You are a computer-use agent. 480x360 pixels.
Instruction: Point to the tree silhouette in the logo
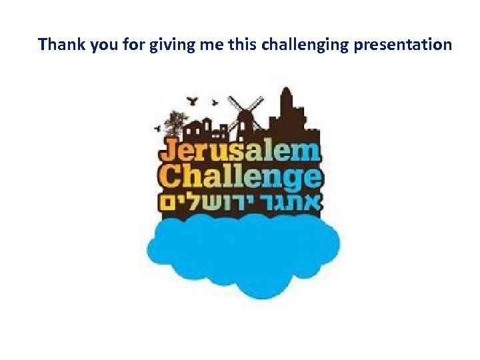click(175, 123)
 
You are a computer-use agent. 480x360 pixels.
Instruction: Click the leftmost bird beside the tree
click(158, 127)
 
